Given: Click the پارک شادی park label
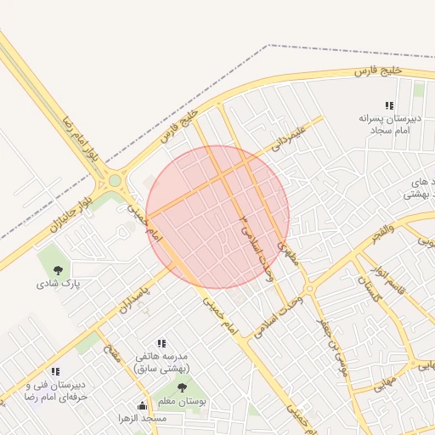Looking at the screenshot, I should click(x=58, y=285).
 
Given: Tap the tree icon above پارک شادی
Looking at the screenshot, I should click(x=58, y=270).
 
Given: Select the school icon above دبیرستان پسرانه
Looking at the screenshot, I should click(x=389, y=106).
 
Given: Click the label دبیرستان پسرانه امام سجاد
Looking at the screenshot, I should click(x=389, y=125).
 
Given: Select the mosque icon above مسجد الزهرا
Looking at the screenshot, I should click(x=141, y=406).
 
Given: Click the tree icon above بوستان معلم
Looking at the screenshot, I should click(x=182, y=387).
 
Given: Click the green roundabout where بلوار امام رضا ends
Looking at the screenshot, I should click(x=115, y=180).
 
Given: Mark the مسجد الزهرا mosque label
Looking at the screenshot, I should click(x=143, y=419).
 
